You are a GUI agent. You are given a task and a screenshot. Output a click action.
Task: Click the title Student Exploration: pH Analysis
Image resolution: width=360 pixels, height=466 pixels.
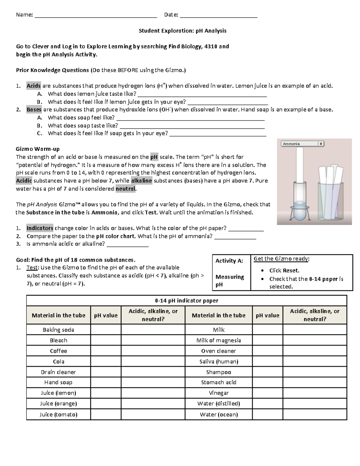coord(182,31)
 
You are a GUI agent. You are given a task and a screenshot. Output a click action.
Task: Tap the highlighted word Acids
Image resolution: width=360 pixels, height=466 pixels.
coord(33,86)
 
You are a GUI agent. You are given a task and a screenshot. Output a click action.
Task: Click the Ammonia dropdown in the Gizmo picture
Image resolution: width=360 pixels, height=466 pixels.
coord(302,144)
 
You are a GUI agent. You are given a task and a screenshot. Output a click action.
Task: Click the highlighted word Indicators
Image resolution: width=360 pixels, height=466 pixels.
coord(40,228)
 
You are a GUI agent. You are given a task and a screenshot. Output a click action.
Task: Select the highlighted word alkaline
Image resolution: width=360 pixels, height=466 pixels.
coord(142,181)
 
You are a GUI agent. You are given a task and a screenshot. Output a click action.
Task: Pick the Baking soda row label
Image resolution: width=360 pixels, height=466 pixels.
coord(58,330)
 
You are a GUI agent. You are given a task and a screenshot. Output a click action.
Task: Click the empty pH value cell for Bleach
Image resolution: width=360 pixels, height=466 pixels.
coord(106,340)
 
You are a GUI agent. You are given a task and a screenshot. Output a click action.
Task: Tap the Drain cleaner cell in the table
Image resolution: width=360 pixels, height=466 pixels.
coord(58,372)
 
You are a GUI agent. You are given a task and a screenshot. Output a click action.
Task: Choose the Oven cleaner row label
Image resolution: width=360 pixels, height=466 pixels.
coord(218,351)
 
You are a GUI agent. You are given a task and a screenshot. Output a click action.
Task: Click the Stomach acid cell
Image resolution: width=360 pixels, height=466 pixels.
coord(218,382)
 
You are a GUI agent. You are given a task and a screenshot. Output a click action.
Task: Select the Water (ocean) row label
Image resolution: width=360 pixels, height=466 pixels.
coord(218,414)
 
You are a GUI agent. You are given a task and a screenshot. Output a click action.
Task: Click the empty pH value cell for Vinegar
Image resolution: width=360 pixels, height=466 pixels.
coord(267,393)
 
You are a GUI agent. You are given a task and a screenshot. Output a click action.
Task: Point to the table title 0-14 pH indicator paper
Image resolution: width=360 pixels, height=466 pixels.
coord(186,300)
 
